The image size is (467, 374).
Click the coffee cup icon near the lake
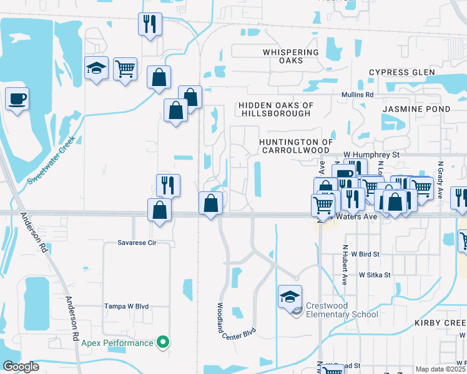[17, 98]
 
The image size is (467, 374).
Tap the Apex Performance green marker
[164, 342]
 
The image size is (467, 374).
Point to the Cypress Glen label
[401, 72]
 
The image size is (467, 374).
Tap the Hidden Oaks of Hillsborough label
[276, 110]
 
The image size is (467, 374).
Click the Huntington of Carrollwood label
[294, 146]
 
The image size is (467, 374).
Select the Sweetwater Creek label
[52, 160]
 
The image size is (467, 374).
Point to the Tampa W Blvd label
[128, 307]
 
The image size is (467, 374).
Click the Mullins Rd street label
[357, 95]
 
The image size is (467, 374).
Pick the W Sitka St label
[374, 274]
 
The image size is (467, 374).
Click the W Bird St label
[365, 254]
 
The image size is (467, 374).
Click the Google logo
[21, 367]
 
